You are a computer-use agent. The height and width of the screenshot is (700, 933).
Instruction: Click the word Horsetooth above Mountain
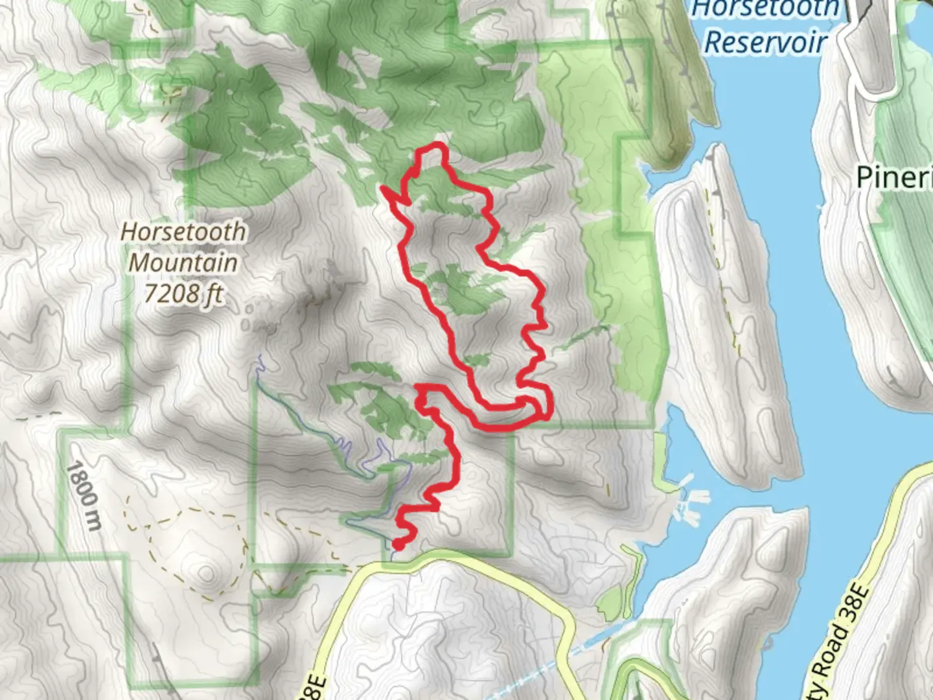183,231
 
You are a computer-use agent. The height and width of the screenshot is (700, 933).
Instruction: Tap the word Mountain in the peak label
183,262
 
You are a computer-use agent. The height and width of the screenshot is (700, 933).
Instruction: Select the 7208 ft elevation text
183,294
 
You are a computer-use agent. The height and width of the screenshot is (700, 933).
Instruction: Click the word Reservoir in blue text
766,42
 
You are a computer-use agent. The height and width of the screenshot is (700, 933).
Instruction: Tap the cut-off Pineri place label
894,176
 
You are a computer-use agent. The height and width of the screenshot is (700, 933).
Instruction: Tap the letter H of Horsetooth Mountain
128,231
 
